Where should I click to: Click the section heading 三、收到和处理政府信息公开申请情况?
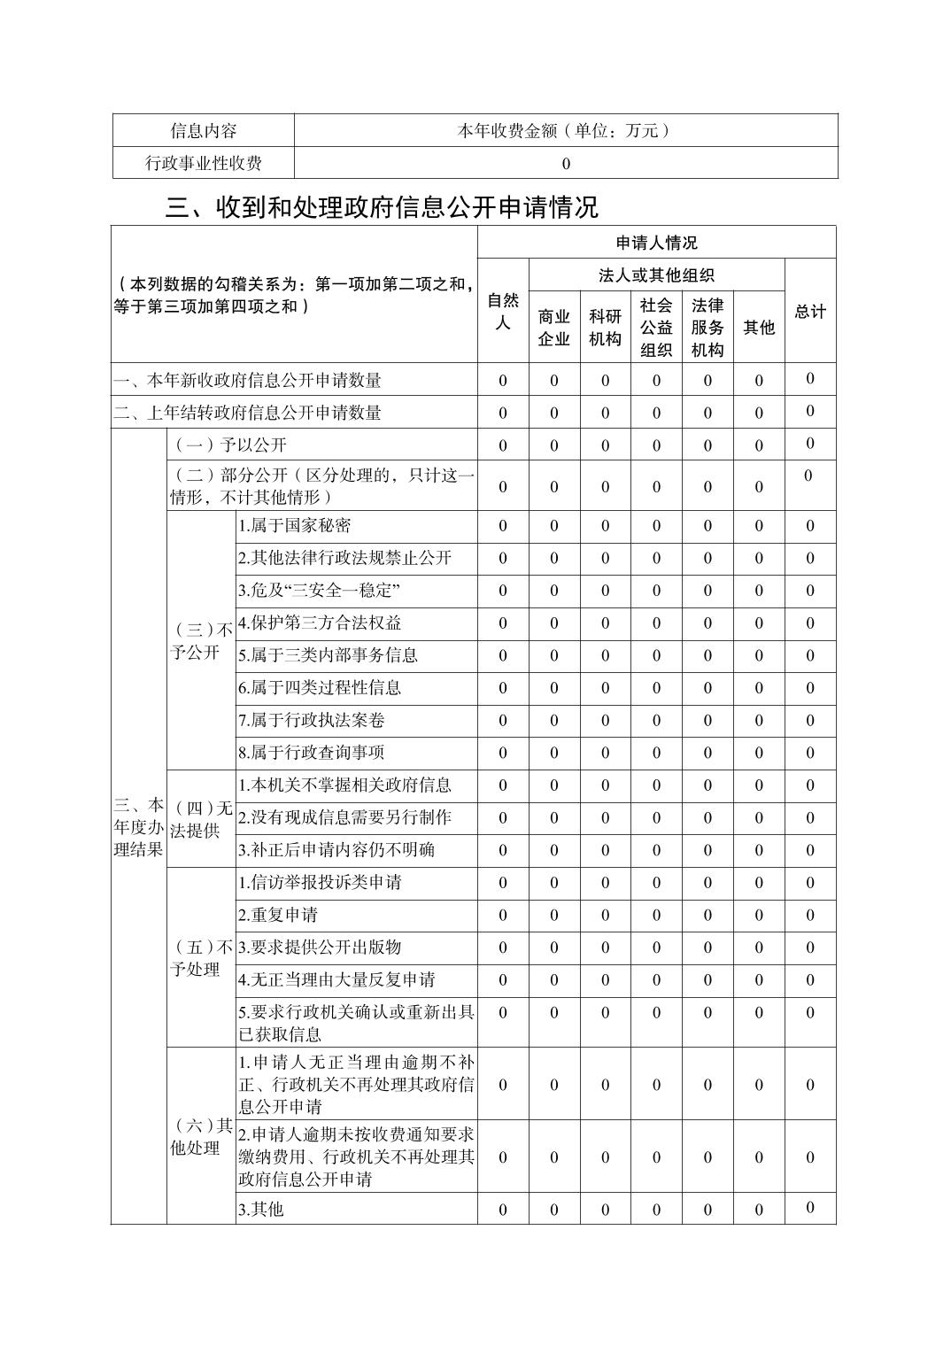pyautogui.click(x=382, y=207)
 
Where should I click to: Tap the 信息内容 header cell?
pyautogui.click(x=204, y=131)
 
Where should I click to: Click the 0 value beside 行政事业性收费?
pyautogui.click(x=566, y=164)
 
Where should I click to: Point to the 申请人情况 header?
pyautogui.click(x=656, y=243)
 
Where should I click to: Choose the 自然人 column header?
pyautogui.click(x=503, y=311)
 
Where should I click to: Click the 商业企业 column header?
pyautogui.click(x=554, y=328)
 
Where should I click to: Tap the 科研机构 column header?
pyautogui.click(x=606, y=328)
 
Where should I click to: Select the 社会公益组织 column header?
pyautogui.click(x=656, y=328)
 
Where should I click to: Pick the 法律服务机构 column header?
pyautogui.click(x=707, y=328)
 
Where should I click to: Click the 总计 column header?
pyautogui.click(x=810, y=312)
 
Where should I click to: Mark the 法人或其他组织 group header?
pyautogui.click(x=656, y=275)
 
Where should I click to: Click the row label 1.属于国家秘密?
pyautogui.click(x=295, y=526)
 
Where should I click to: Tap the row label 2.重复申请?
pyautogui.click(x=278, y=915)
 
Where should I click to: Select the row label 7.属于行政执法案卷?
pyautogui.click(x=312, y=721)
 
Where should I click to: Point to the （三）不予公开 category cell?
pyautogui.click(x=201, y=641)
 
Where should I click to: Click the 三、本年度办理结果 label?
pyautogui.click(x=139, y=827)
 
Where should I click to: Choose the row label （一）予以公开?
pyautogui.click(x=229, y=445)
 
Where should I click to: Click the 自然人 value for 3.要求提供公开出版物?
pyautogui.click(x=503, y=948)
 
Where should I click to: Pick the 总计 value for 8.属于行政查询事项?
pyautogui.click(x=810, y=753)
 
